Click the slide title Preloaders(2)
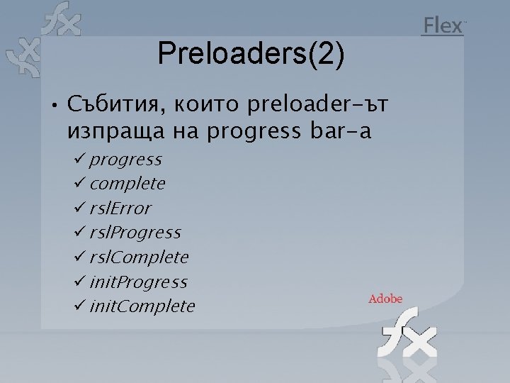click(251, 53)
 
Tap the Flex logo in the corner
click(443, 26)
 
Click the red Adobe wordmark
click(385, 299)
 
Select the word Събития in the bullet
click(113, 106)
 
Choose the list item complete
click(127, 184)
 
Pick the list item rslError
click(120, 209)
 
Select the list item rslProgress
click(135, 233)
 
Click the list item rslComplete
click(139, 257)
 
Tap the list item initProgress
click(138, 282)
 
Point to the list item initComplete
click(142, 306)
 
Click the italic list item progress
click(125, 160)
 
